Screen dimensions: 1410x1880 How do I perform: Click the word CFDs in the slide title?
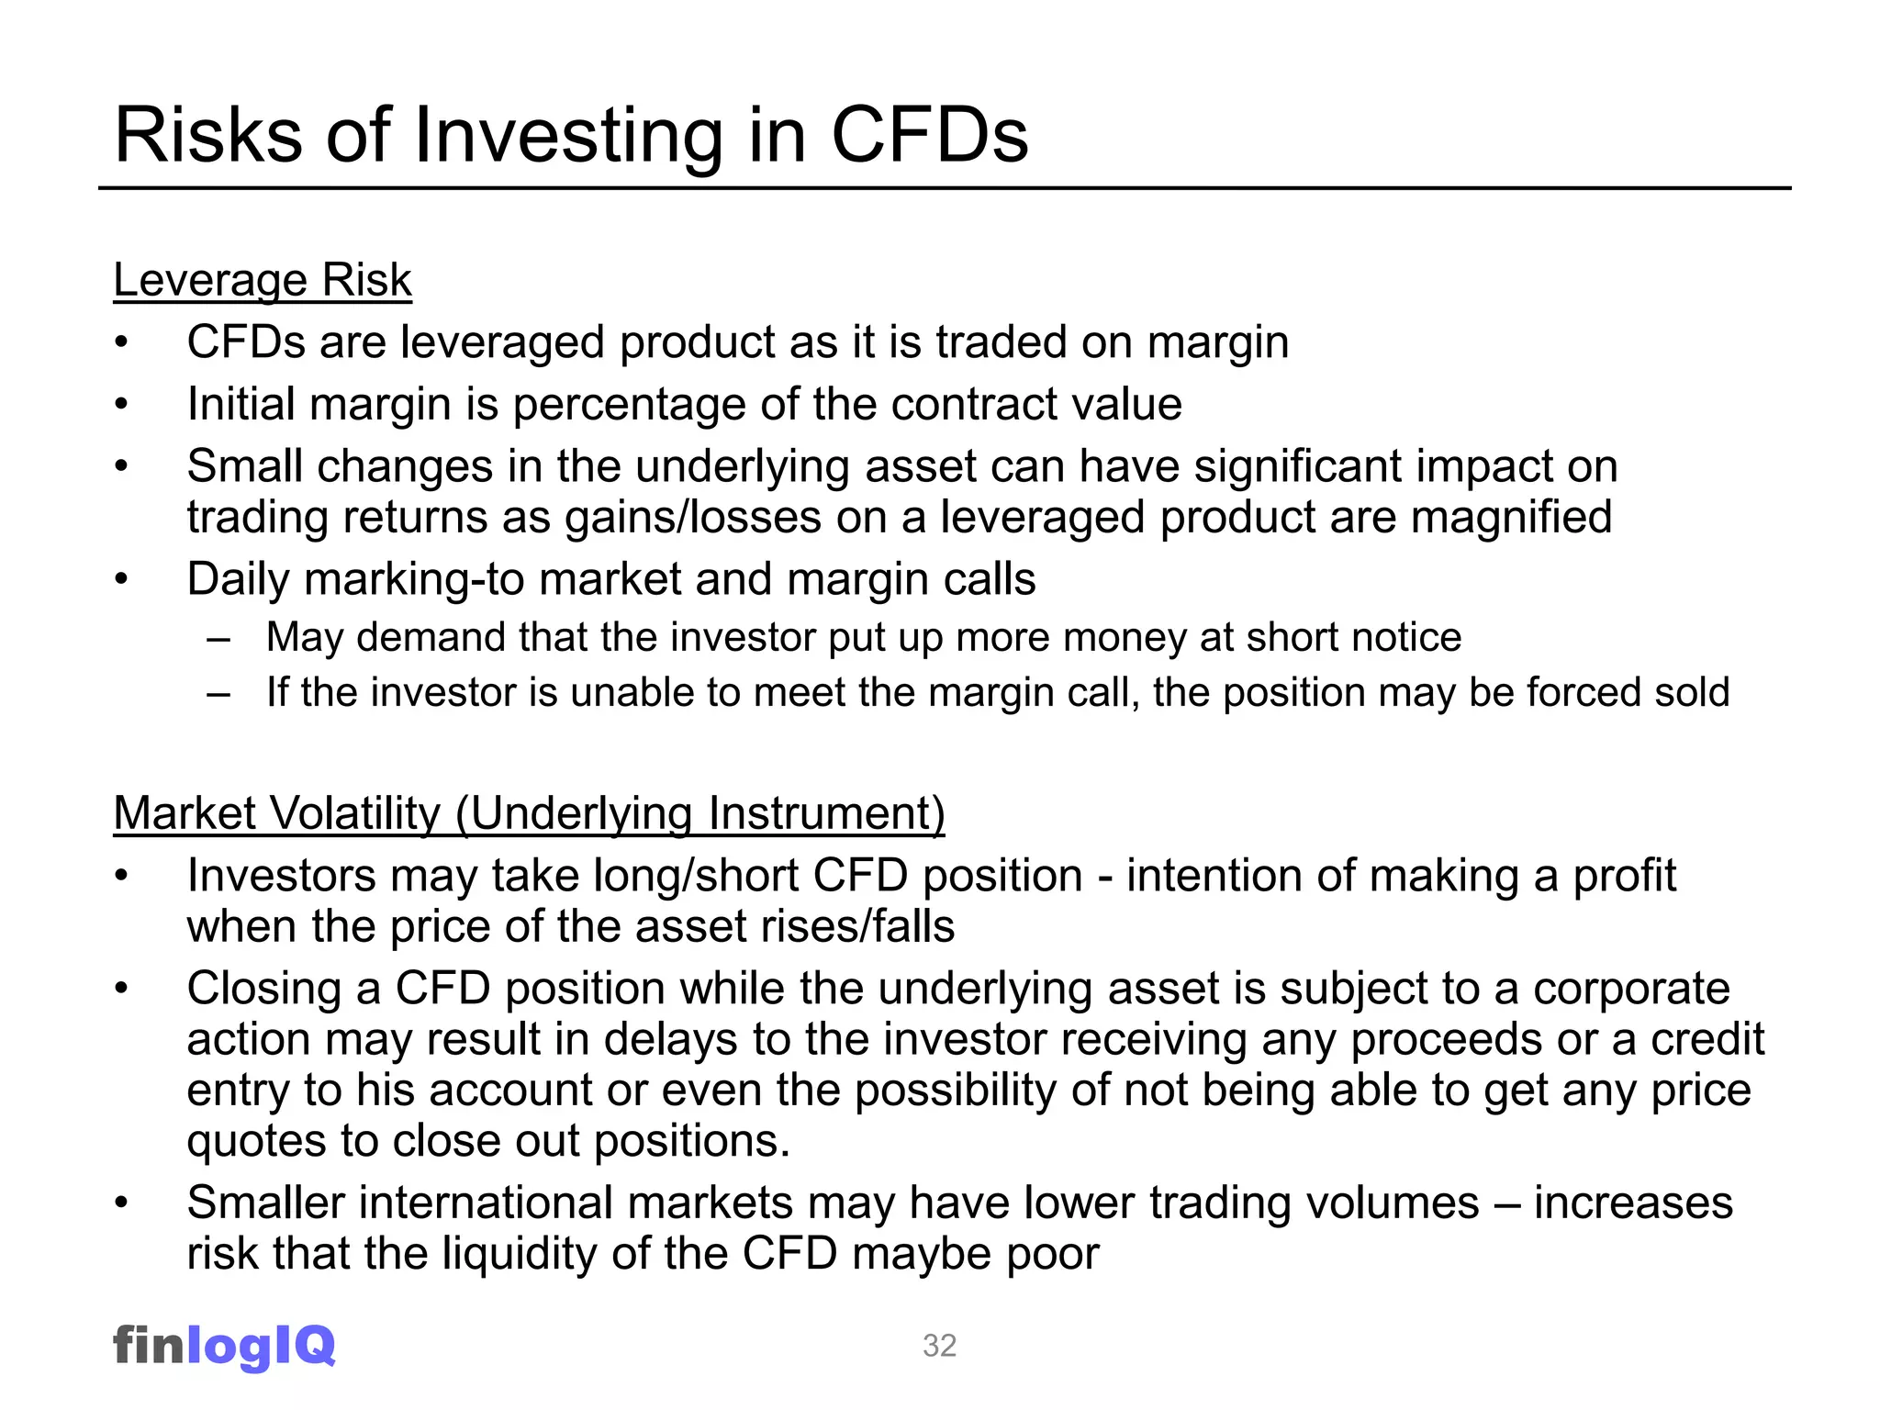point(929,136)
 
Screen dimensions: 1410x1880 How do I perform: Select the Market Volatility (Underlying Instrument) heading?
point(529,813)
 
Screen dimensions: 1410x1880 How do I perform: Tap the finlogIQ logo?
point(224,1346)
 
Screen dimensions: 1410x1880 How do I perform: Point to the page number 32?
point(939,1346)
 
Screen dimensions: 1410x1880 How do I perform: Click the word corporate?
point(1631,989)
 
